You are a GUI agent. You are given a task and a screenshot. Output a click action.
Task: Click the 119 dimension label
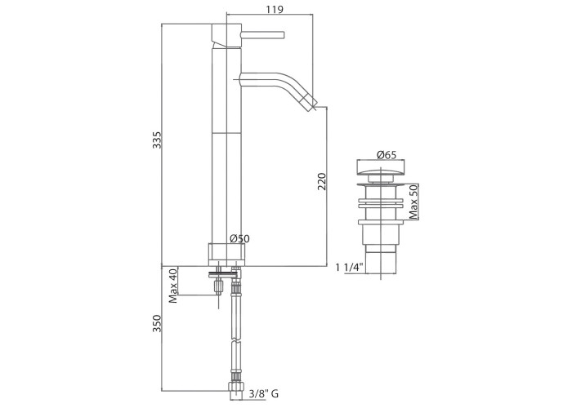(275, 9)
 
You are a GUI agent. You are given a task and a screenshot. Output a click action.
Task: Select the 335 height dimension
(157, 140)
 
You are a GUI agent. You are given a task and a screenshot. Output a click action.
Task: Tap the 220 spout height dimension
(322, 181)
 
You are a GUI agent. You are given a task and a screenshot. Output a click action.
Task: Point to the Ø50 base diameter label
(239, 239)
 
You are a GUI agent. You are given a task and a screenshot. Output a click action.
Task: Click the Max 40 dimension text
(173, 286)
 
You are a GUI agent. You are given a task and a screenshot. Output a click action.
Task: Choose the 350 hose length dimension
(157, 323)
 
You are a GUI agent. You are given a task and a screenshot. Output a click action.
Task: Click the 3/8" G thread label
(264, 394)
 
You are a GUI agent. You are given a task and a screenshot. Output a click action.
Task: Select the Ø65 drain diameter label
(387, 155)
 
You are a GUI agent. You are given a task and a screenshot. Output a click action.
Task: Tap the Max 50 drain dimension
(413, 202)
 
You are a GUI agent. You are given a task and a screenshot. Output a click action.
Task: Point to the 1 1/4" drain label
(351, 268)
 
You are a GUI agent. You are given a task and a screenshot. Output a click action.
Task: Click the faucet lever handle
(262, 35)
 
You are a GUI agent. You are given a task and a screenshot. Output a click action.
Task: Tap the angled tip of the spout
(311, 102)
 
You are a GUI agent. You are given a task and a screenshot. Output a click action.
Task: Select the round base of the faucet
(226, 255)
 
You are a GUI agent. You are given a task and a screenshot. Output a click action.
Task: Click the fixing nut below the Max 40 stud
(218, 286)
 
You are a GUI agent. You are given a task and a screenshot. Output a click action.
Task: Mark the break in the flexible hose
(235, 343)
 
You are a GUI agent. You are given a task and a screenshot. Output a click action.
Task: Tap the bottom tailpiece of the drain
(381, 262)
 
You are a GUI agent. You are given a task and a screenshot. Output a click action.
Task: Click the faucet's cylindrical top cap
(226, 36)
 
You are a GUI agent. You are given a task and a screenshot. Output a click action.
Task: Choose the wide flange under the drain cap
(381, 184)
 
